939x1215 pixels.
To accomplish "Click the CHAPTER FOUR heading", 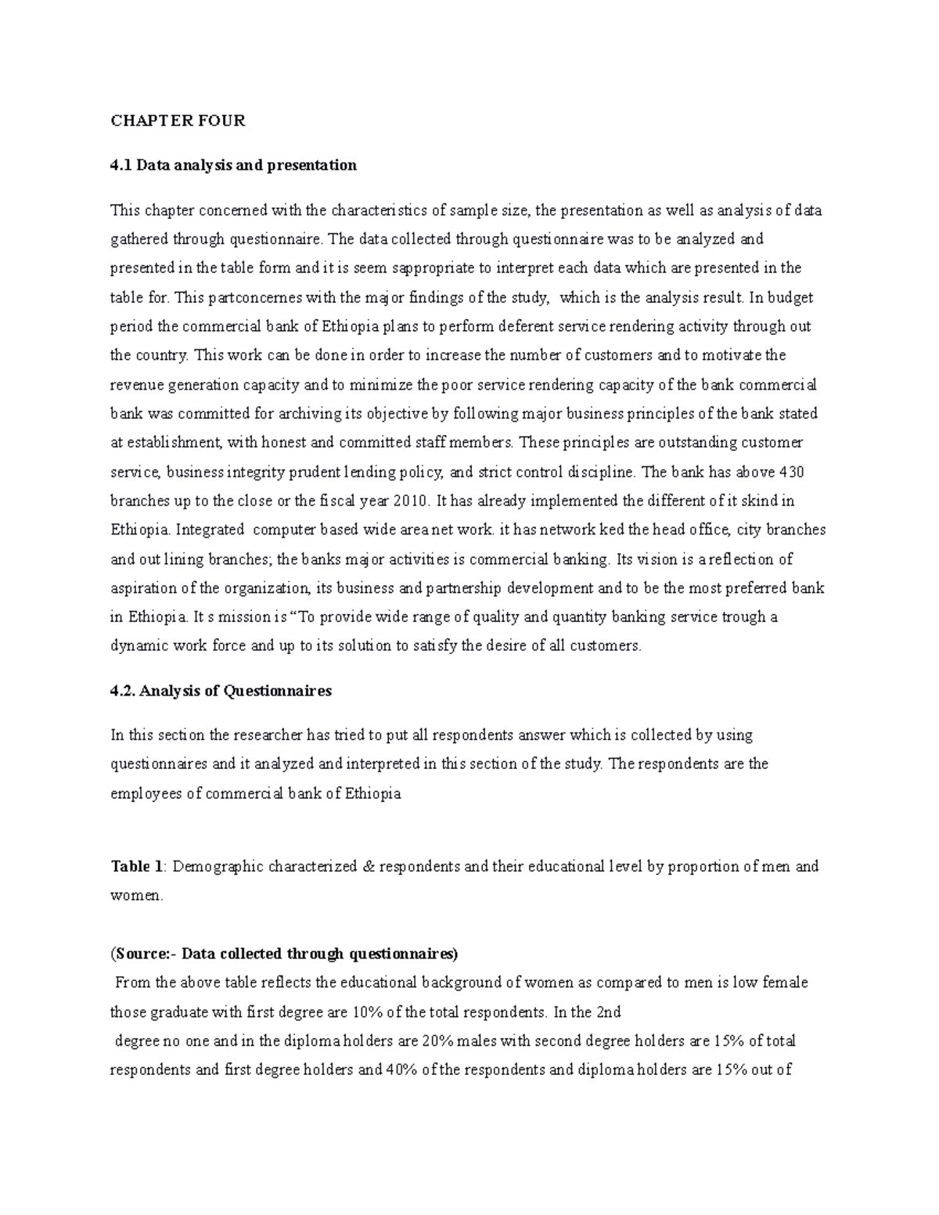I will (178, 120).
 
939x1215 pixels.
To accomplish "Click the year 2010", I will (412, 501).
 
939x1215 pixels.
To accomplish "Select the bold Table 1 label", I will (138, 867).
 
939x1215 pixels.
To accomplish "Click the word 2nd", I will (608, 1012).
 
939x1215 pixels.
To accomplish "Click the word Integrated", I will (210, 530).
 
